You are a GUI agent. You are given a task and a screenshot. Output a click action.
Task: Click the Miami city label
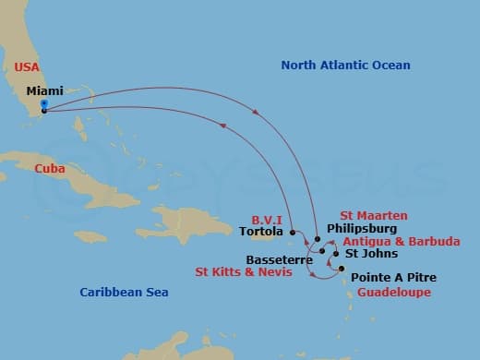pyautogui.click(x=45, y=91)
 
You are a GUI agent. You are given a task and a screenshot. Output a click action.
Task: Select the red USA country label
pyautogui.click(x=28, y=66)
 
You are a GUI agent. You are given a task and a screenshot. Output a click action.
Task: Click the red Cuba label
pyautogui.click(x=49, y=169)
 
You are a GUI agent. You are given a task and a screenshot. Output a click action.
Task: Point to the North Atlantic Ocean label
pyautogui.click(x=345, y=66)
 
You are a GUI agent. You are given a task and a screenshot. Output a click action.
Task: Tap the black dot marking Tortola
pyautogui.click(x=292, y=231)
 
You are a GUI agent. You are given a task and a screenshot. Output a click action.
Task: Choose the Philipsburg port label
pyautogui.click(x=362, y=228)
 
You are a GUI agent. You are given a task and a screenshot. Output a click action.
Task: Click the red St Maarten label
pyautogui.click(x=373, y=215)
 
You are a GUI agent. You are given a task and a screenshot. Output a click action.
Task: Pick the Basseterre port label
pyautogui.click(x=279, y=260)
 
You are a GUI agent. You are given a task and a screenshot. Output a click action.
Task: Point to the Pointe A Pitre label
pyautogui.click(x=394, y=277)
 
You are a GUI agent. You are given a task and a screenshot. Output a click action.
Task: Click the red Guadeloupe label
pyautogui.click(x=393, y=292)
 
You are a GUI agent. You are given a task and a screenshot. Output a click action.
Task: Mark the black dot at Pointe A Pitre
pyautogui.click(x=342, y=269)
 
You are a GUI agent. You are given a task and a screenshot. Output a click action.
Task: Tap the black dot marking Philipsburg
pyautogui.click(x=318, y=240)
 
